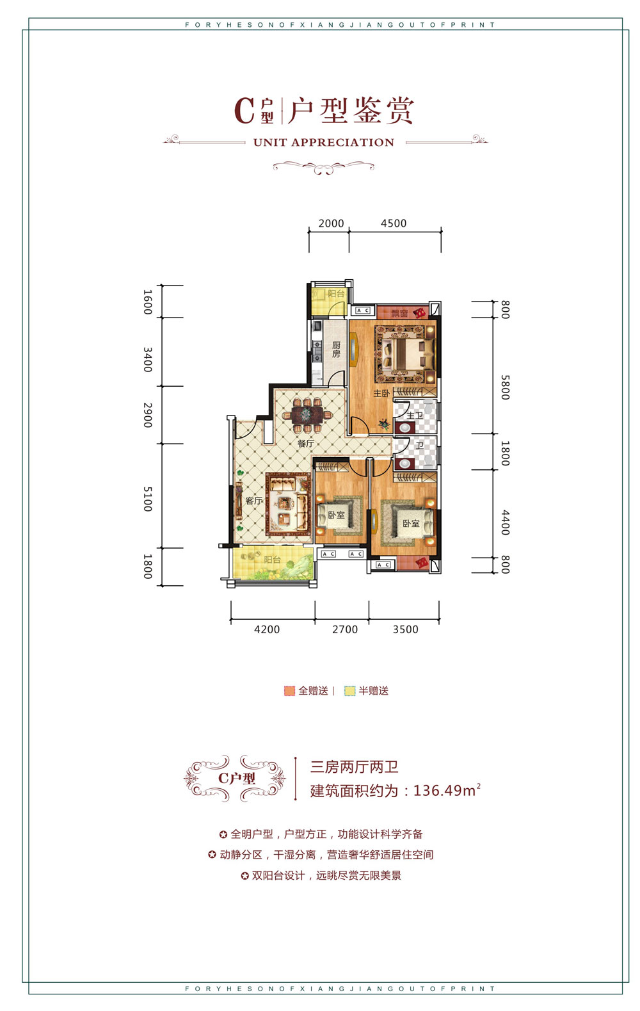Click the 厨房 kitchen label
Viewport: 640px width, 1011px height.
pos(336,350)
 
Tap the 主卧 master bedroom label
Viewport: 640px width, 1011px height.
pos(381,393)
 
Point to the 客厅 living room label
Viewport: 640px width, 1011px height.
pos(254,501)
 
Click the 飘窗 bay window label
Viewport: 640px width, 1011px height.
pos(400,313)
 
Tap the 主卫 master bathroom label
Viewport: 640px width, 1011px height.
pos(415,416)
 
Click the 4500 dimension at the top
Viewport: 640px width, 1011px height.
pos(394,223)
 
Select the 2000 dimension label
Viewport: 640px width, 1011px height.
pos(331,223)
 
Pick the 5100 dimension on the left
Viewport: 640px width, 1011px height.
pos(148,499)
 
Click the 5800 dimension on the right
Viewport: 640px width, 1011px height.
pos(505,387)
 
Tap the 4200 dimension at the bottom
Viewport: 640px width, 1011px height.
pos(267,629)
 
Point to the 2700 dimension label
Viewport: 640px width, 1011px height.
pos(345,629)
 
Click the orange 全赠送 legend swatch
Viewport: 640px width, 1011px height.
pos(289,691)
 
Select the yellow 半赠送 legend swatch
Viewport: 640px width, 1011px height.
pos(349,691)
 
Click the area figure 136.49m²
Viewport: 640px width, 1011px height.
pos(447,791)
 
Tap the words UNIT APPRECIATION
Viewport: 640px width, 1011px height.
pos(324,143)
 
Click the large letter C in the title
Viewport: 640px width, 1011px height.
pos(244,110)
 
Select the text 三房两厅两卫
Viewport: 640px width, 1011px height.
pos(355,767)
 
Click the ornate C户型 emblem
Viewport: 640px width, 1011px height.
pos(236,778)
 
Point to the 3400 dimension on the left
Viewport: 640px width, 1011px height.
pos(148,360)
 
